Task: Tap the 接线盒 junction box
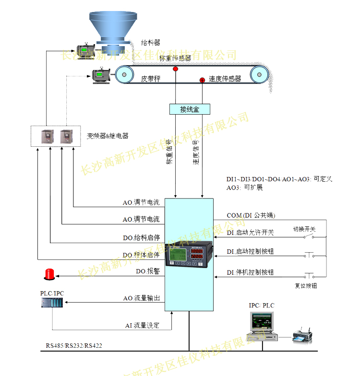point(190,109)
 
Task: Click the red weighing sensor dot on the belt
point(176,69)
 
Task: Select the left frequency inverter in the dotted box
point(47,137)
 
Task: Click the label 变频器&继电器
point(108,136)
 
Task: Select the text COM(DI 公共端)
point(251,215)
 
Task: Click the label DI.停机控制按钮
point(250,272)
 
